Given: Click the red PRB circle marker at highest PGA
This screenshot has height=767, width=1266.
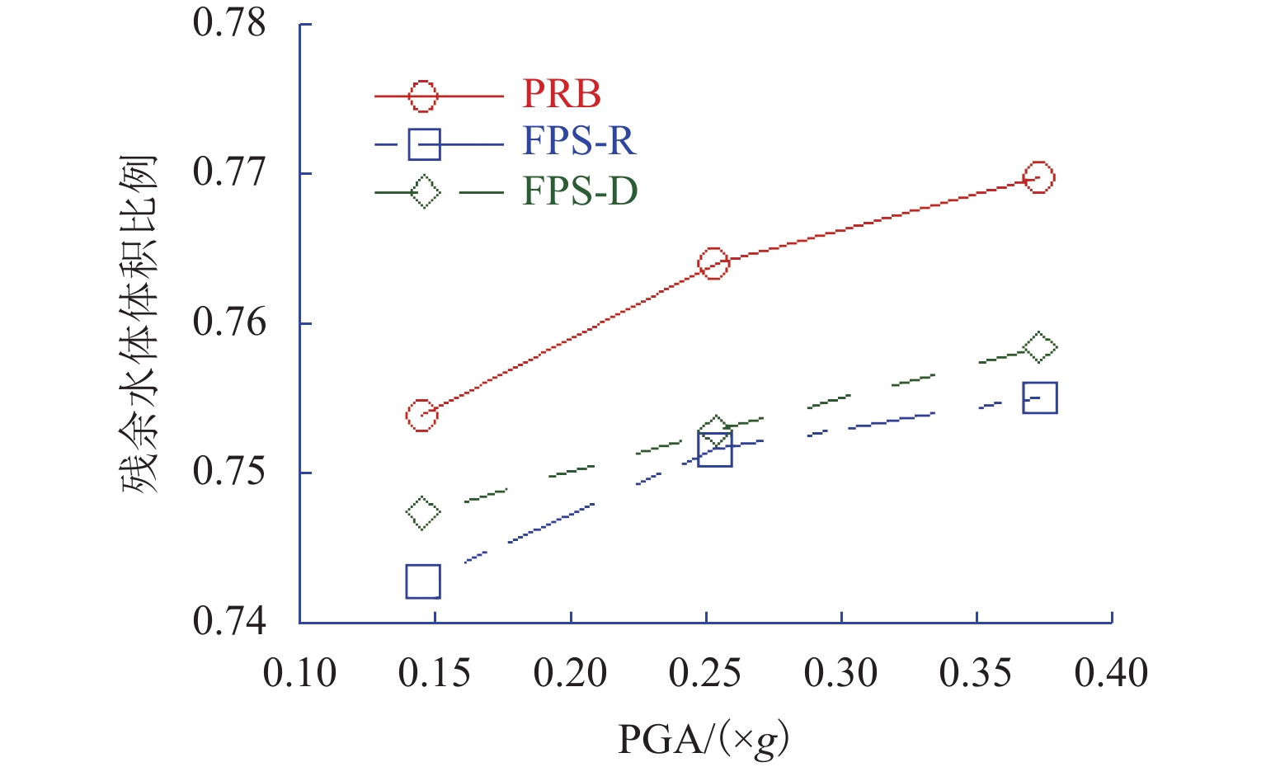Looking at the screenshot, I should (1038, 177).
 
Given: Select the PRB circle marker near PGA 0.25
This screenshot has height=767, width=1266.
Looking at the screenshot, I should (713, 264).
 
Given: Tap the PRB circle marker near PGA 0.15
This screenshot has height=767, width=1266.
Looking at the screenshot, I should (421, 416).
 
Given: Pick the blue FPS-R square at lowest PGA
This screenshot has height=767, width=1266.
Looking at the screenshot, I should (423, 582).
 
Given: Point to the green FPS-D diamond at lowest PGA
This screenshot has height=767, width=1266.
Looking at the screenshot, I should (423, 513).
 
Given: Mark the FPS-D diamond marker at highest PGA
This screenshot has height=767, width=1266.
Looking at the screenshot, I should (1040, 348).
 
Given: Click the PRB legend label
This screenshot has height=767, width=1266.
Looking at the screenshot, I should (562, 95).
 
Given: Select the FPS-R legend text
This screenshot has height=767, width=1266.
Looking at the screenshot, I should (578, 143).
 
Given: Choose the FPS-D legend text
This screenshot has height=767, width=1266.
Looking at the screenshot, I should (580, 191).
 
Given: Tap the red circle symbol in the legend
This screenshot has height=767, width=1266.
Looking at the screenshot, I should (423, 96).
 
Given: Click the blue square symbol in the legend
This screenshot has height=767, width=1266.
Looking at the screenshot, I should (424, 144).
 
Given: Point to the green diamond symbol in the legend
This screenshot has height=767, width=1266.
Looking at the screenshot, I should (424, 192).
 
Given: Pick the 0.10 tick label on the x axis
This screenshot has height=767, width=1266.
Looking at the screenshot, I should (299, 674).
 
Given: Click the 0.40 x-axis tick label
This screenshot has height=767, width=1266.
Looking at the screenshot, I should (1111, 674).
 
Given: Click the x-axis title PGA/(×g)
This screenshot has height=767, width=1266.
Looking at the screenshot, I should (703, 739).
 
